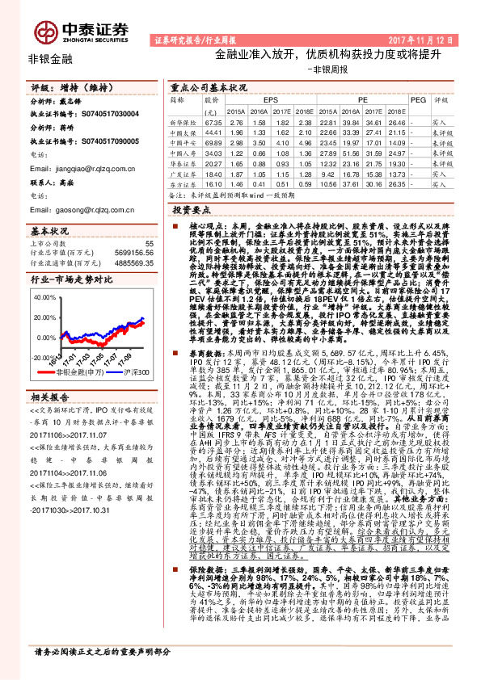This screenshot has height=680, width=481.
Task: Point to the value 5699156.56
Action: tap(129, 253)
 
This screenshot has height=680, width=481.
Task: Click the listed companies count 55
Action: tap(149, 242)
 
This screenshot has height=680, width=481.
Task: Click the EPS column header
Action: tap(270, 99)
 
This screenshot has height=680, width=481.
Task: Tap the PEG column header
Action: tap(417, 99)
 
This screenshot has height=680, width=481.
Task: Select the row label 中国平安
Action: tap(185, 141)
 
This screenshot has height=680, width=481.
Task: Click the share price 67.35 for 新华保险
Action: tap(213, 120)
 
